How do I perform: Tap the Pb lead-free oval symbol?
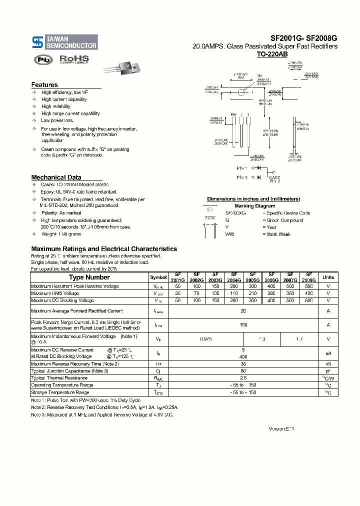coord(43,59)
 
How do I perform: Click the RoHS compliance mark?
coord(74,59)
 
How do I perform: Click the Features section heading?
coord(44,85)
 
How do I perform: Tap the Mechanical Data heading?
coord(56,177)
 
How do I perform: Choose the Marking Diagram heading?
coord(254,206)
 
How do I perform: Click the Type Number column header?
coord(89,277)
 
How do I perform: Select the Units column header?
coord(328,277)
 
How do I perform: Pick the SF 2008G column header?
coord(309,277)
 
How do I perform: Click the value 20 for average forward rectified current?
coord(243,310)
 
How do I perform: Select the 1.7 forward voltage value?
coord(299,338)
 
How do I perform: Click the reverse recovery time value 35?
coord(243,364)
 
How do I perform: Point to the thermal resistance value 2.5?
coord(243,378)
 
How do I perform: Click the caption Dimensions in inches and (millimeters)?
coord(253,199)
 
